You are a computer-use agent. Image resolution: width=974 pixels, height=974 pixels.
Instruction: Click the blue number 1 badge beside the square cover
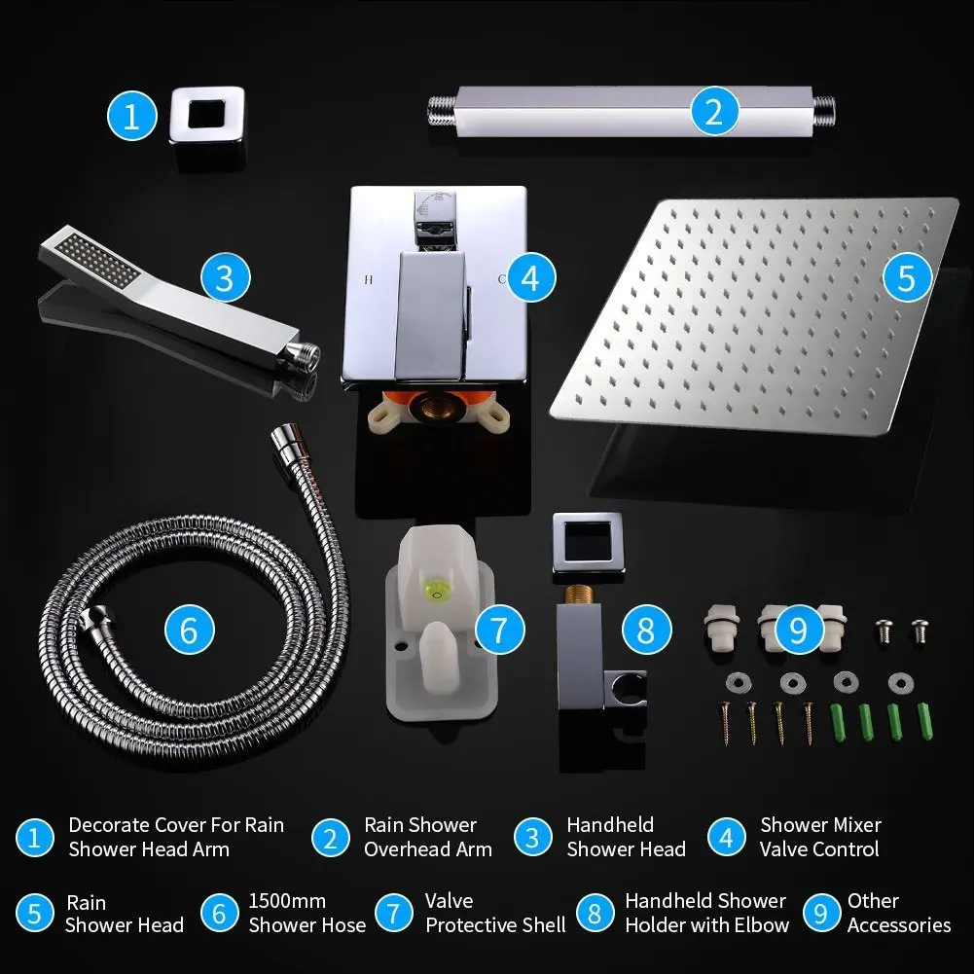point(131,116)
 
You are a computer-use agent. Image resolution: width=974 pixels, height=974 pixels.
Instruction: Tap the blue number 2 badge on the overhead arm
point(714,112)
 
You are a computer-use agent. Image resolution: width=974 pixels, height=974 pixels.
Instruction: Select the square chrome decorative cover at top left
point(207,127)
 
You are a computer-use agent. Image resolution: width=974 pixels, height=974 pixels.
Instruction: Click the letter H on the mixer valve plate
point(369,279)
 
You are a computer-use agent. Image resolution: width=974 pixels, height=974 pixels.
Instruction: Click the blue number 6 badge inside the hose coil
point(190,630)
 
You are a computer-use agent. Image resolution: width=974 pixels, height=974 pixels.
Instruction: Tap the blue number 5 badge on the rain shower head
point(907,277)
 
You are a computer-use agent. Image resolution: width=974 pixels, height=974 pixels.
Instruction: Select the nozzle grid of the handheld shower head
point(96,261)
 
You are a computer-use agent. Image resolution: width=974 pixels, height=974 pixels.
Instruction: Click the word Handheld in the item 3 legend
point(610,825)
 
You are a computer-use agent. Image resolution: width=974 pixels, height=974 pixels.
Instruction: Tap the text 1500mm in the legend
point(287,901)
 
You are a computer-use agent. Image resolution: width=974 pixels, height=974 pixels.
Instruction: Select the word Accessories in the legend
point(899,925)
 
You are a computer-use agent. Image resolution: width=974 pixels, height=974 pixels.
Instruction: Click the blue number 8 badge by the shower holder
point(647,630)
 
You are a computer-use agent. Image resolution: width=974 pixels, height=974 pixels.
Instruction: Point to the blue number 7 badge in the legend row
point(394,913)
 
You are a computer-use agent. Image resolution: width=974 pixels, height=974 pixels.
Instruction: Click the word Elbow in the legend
point(764,925)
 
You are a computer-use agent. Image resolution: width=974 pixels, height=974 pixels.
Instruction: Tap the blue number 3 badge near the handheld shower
point(226,277)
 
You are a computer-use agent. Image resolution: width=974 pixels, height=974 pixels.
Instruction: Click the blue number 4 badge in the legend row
point(726,838)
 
